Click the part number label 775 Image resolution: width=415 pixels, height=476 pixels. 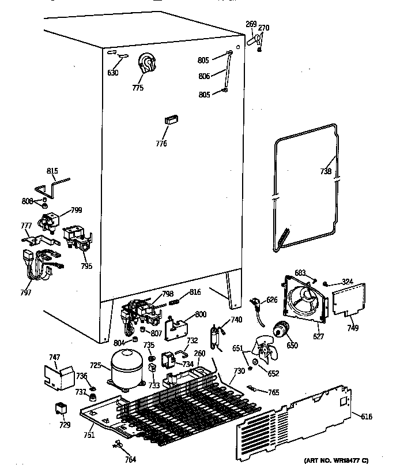pos(138,88)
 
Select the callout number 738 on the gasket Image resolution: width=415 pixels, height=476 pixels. pos(326,171)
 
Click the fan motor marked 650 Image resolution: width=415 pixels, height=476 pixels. pos(282,331)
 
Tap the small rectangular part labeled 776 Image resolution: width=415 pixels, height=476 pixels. pos(170,120)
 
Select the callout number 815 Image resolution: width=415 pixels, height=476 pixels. pos(52,171)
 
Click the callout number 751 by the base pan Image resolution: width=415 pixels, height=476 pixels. pos(88,435)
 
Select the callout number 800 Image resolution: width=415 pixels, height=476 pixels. pos(201,314)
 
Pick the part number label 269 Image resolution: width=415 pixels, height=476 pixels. pos(251,24)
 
